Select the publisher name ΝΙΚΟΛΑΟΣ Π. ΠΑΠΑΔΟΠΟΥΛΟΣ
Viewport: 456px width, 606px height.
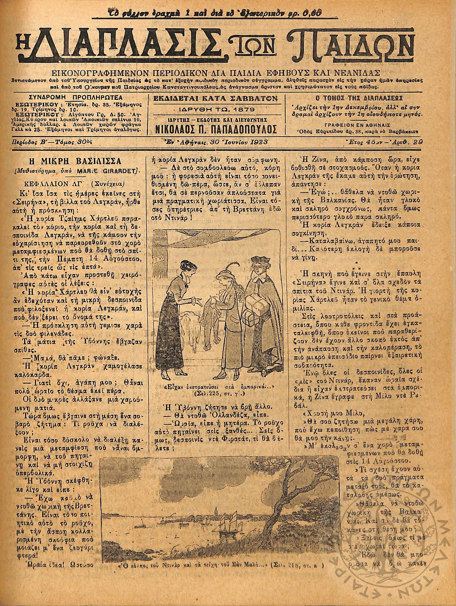coord(217,129)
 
